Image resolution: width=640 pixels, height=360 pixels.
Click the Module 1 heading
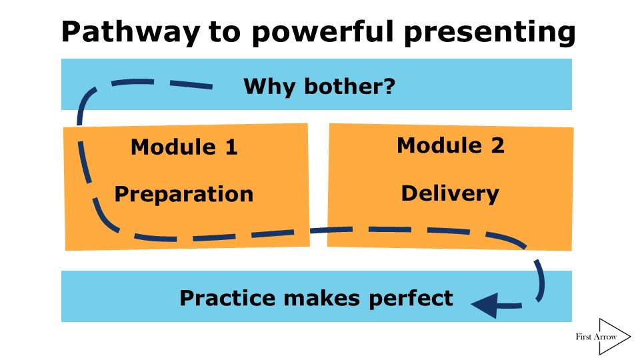click(x=184, y=147)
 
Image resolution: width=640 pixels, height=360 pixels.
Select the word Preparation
click(x=184, y=194)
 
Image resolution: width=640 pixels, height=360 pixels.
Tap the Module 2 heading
click(x=451, y=145)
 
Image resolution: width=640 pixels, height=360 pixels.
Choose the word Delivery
click(x=450, y=193)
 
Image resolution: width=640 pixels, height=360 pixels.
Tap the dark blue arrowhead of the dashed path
click(x=483, y=305)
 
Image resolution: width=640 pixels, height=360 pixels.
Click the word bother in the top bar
click(x=339, y=86)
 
